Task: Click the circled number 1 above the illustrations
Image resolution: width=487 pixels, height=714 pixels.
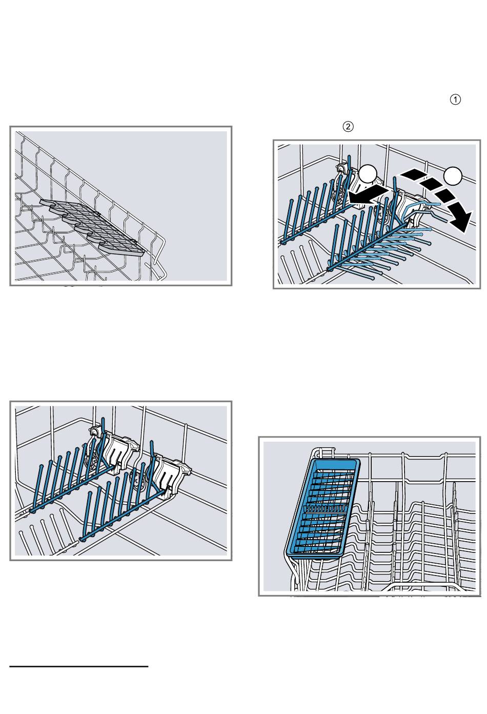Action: [455, 100]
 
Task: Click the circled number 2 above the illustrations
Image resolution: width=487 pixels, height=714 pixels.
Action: [348, 127]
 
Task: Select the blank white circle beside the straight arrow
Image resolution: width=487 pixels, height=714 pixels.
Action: [368, 174]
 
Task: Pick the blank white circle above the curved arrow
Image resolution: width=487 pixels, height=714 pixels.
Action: [453, 175]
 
